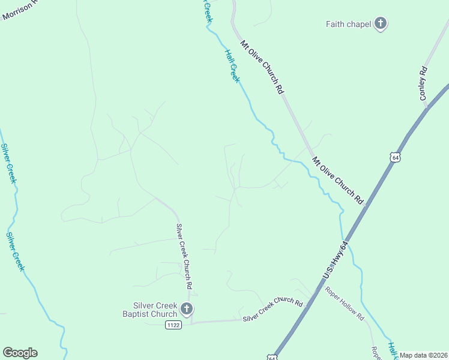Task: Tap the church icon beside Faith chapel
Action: (380, 24)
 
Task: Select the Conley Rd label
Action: (424, 83)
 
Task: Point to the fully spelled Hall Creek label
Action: (232, 65)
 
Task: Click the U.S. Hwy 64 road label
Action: (335, 259)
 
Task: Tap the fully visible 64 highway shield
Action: (394, 157)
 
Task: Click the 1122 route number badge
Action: (173, 324)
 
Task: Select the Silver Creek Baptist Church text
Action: (149, 310)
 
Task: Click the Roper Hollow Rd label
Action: (345, 302)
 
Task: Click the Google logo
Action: (20, 352)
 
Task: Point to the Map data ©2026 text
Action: (423, 355)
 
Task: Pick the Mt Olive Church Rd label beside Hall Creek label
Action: (261, 67)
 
